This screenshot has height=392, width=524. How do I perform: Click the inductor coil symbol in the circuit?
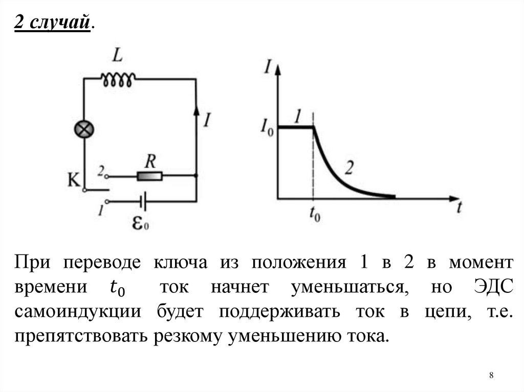coord(118,79)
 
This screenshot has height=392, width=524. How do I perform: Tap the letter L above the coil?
coord(117,56)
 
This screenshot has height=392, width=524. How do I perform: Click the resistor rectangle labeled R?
coord(149,177)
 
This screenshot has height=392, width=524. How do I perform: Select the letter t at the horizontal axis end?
coord(460,207)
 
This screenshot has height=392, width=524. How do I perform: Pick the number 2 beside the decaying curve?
coord(350,166)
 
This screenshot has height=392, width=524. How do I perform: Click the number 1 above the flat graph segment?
coord(299,116)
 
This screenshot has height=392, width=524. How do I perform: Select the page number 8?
coord(492,376)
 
